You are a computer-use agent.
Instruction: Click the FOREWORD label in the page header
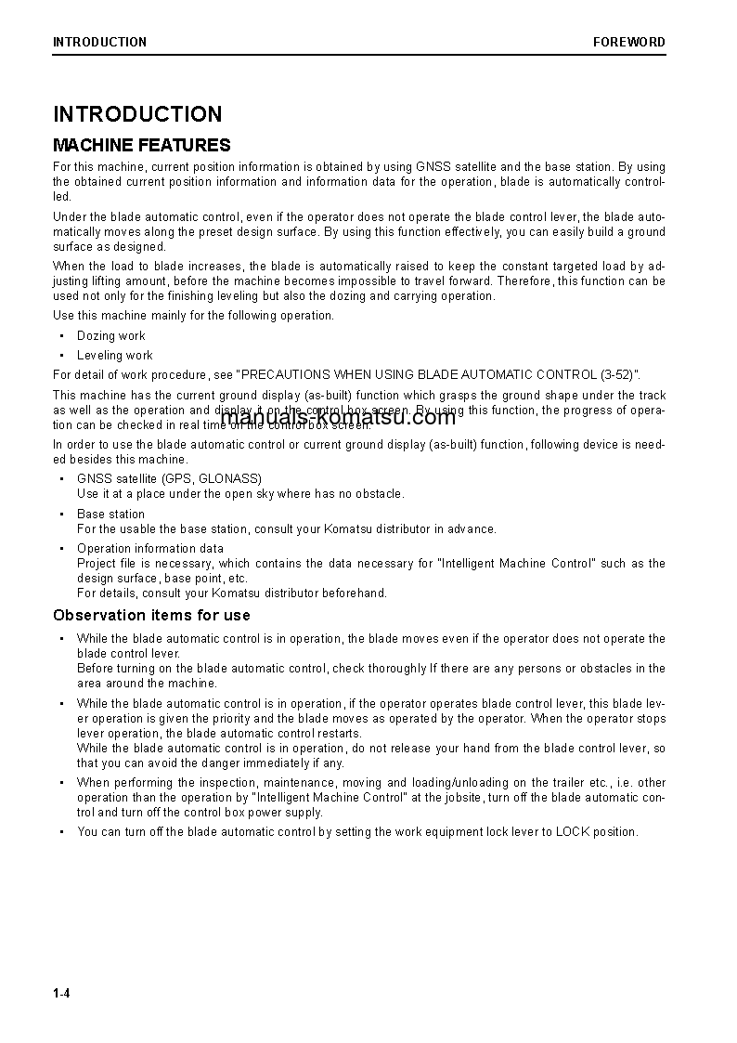click(x=628, y=42)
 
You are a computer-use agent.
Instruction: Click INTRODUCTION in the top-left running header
click(x=99, y=42)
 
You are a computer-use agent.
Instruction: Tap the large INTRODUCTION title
click(x=137, y=114)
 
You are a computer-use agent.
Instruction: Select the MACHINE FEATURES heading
click(x=141, y=145)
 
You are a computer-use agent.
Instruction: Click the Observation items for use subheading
click(x=151, y=615)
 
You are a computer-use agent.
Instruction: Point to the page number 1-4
click(x=61, y=994)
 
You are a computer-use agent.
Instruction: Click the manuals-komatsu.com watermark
click(x=340, y=417)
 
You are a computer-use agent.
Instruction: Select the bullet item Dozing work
click(x=110, y=336)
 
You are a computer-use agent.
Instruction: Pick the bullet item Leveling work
click(x=114, y=356)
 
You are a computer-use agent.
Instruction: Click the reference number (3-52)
click(x=614, y=375)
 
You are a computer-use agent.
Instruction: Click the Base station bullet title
click(x=110, y=514)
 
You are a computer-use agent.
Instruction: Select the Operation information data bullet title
click(x=149, y=548)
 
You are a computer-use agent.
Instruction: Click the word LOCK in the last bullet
click(x=571, y=832)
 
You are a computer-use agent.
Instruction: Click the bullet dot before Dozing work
click(x=61, y=336)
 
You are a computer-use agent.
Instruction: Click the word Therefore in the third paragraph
click(x=526, y=281)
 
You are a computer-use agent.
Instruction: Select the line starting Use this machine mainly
click(x=193, y=316)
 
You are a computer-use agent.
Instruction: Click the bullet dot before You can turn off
click(x=61, y=832)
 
